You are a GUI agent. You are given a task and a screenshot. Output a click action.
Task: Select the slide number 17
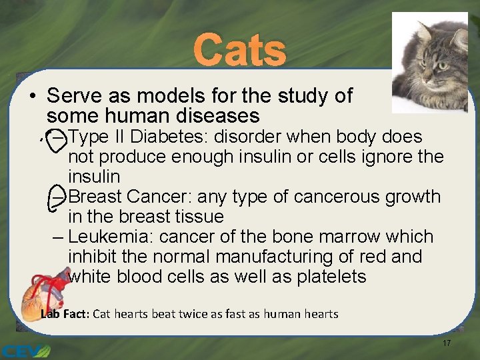point(447,343)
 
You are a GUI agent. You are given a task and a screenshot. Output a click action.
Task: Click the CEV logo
point(25,349)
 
